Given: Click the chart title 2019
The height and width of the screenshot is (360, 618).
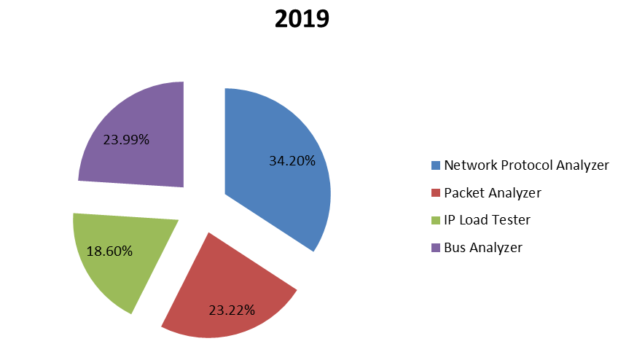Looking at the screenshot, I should [302, 19].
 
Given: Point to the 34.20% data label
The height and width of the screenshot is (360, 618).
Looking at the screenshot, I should [292, 161].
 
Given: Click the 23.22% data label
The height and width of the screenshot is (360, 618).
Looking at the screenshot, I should [232, 310].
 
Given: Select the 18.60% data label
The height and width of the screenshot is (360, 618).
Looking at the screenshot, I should [109, 251].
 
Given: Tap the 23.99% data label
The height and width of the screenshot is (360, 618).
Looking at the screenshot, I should [126, 139].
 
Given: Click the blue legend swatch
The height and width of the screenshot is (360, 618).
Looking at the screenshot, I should [436, 165].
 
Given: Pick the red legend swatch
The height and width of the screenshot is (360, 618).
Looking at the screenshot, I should [436, 193].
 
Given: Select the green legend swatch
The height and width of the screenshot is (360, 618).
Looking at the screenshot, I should [436, 220].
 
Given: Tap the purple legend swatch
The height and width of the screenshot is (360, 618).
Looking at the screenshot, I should [436, 248].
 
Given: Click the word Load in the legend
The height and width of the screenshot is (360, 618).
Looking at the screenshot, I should [474, 220].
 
